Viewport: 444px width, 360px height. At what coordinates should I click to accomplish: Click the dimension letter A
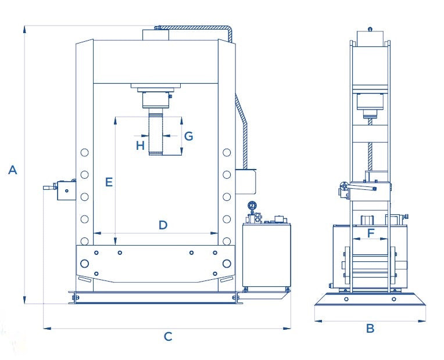pyautogui.click(x=13, y=170)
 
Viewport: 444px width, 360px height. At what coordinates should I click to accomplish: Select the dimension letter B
pyautogui.click(x=370, y=329)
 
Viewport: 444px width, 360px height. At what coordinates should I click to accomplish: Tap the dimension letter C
pyautogui.click(x=167, y=336)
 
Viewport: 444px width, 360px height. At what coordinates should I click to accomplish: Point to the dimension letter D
pyautogui.click(x=163, y=225)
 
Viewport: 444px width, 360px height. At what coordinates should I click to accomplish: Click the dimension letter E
pyautogui.click(x=108, y=182)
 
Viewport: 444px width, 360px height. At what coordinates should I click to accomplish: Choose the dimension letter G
pyautogui.click(x=188, y=136)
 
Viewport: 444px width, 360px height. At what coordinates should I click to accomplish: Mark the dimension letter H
pyautogui.click(x=140, y=145)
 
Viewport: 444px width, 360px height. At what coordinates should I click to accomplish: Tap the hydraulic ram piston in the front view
pyautogui.click(x=156, y=134)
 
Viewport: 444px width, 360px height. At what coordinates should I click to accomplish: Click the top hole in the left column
pyautogui.click(x=85, y=153)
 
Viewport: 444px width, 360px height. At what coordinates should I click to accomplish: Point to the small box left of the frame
pyautogui.click(x=66, y=190)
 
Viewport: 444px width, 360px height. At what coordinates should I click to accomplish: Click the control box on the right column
pyautogui.click(x=246, y=181)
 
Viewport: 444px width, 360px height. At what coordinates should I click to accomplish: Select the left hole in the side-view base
pyautogui.click(x=347, y=300)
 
